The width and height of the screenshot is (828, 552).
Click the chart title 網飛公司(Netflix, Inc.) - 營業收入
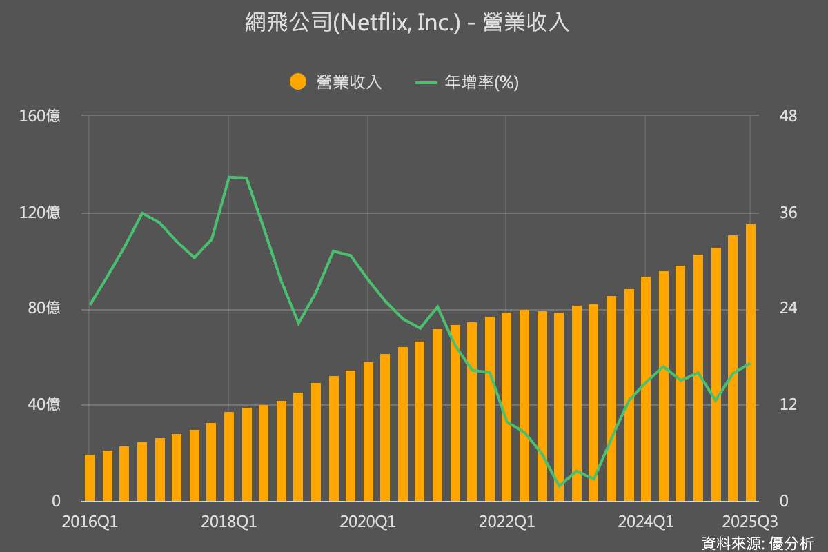[407, 23]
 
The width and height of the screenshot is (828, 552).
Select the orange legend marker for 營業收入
[298, 82]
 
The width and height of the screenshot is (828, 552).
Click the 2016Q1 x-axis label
[90, 522]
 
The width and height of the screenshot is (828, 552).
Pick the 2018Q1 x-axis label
[229, 522]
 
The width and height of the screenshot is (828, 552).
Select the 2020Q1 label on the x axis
[368, 522]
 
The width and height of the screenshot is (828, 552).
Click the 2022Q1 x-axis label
[506, 522]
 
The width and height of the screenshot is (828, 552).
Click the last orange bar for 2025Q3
[750, 362]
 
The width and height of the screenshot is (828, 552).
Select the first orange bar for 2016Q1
[90, 477]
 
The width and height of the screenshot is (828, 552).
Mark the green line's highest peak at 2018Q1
[230, 177]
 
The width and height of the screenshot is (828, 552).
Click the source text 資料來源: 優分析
[756, 542]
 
